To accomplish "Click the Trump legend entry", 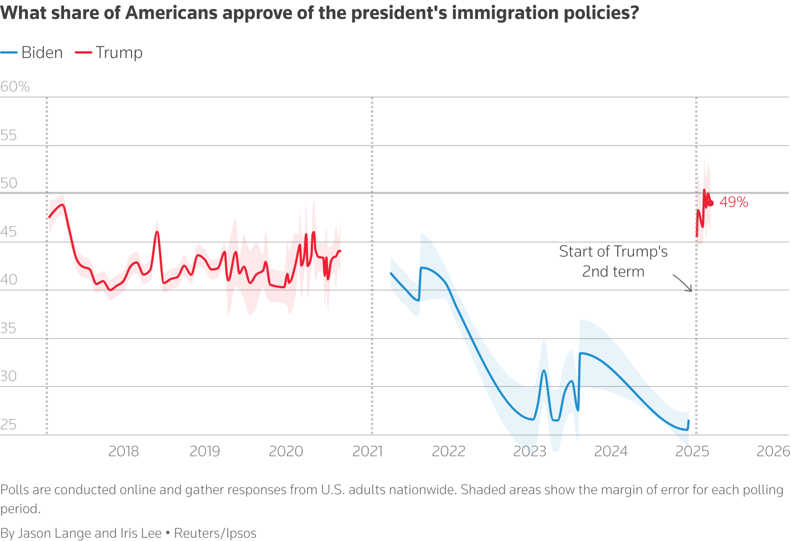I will (109, 52).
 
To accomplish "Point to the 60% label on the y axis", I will (15, 86).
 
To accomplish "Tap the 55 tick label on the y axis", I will (8, 135).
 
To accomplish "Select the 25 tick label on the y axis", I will (8, 424).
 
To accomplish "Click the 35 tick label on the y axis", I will (8, 328).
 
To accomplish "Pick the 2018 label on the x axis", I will (123, 451).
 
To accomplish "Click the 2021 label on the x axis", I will (367, 451).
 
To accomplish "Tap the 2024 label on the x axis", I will (611, 451).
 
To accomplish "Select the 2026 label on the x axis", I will (773, 451).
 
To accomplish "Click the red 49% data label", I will (734, 202).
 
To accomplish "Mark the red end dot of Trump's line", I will (710, 203).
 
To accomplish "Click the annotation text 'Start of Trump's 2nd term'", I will (613, 261).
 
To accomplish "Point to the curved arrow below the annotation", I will (682, 283).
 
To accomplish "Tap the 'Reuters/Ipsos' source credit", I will (215, 533).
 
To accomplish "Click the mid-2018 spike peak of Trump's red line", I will (157, 231).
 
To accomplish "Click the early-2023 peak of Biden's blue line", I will (544, 370).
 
